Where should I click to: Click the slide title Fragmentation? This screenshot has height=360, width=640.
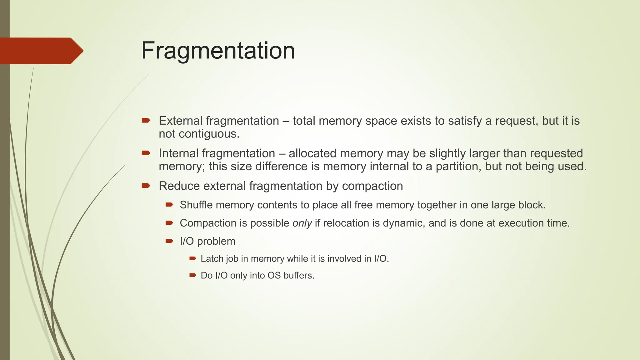point(218,51)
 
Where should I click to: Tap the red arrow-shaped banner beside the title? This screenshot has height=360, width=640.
point(41,51)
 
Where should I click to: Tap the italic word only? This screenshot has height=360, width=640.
point(302,223)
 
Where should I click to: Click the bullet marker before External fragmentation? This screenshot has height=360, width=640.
point(146,120)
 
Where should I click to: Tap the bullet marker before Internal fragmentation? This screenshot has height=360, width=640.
point(146,153)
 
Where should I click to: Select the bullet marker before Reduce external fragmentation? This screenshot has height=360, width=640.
point(146,186)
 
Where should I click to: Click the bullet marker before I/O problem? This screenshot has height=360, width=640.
point(169,241)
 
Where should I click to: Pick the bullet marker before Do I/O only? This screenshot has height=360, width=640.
point(192,275)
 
